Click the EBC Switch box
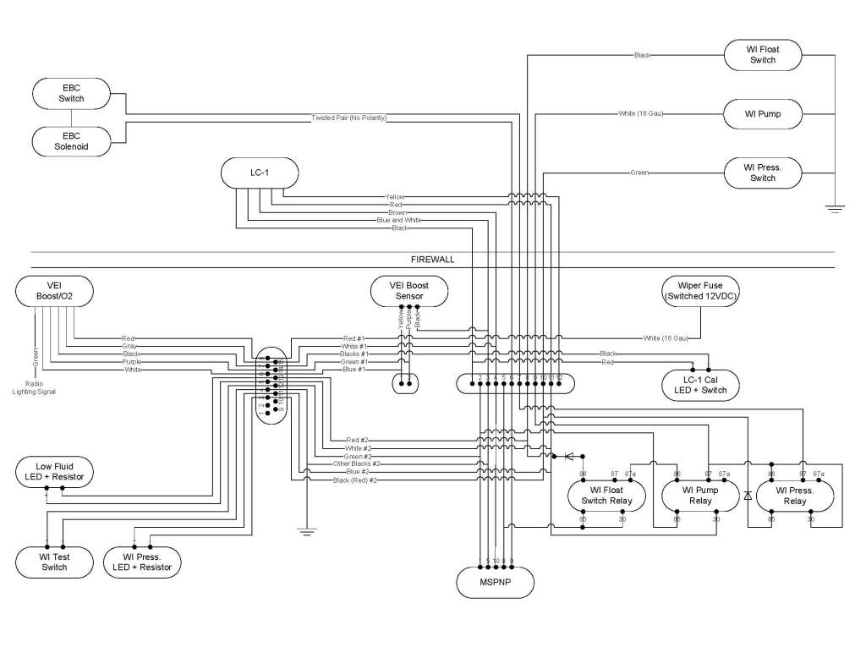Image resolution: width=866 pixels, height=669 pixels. point(72,92)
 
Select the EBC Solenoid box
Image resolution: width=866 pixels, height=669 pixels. point(72,141)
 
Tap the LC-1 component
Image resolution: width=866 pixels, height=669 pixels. point(260,173)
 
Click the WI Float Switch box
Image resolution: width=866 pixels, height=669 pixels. point(763,55)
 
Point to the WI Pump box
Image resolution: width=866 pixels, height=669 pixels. point(763,112)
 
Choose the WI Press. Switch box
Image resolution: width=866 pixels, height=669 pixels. point(763,173)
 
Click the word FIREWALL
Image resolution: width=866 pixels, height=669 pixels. point(433,260)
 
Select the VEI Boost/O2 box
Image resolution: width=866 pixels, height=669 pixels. point(54,292)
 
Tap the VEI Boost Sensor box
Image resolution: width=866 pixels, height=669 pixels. point(409,291)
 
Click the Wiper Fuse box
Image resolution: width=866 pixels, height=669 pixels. point(700,291)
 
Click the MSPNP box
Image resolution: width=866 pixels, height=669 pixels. point(496,584)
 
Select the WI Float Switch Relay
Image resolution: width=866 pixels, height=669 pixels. point(606,496)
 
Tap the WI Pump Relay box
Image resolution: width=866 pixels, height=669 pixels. point(700,496)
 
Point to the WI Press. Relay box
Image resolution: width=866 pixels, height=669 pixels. point(795,496)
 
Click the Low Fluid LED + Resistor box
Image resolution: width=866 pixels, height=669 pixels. point(54,472)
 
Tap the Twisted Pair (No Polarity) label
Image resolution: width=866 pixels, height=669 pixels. point(348,118)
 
